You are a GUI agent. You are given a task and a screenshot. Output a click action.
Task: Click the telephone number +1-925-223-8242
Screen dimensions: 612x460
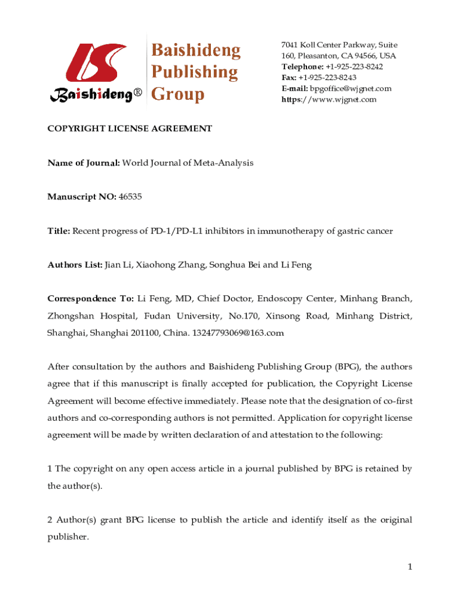pos(354,66)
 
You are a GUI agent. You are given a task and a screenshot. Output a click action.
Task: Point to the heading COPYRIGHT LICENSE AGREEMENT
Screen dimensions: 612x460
pos(130,128)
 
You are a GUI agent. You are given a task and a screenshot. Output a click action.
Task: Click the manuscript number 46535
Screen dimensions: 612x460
pos(130,196)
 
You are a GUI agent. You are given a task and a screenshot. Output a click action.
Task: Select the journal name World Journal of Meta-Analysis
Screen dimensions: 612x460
pos(188,163)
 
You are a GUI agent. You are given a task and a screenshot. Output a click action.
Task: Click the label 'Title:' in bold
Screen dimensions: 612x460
pos(59,230)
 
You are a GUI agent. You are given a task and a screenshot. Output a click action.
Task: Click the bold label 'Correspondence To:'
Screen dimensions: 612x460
pos(90,298)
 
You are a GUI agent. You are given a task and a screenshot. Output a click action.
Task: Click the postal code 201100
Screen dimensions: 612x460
pos(154,333)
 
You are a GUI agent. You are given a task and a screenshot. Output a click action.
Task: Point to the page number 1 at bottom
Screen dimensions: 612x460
pos(410,567)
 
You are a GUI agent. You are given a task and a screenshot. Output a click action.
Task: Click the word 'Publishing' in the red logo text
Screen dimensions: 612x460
pos(194,72)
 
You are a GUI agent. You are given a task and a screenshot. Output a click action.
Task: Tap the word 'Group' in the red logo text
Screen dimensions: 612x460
pos(177,94)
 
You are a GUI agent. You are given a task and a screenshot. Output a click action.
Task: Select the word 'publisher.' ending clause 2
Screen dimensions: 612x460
pos(68,537)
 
